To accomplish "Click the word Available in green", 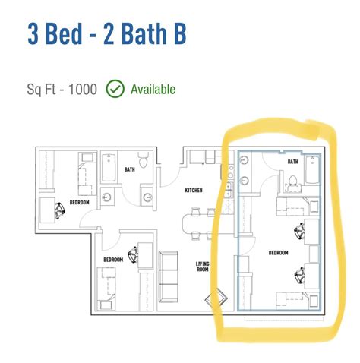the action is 153,90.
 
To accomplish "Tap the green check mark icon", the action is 115,89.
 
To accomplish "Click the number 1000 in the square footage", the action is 83,90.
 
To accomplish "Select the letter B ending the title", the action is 179,33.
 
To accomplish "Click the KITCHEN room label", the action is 194,190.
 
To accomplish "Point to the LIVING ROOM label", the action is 203,267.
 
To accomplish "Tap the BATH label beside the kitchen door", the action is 130,169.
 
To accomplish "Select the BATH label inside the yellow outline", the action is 293,162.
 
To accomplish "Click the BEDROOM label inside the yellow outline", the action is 279,253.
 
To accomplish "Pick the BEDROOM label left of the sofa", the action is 113,260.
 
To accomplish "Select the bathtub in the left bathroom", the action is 109,167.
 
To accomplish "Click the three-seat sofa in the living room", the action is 168,276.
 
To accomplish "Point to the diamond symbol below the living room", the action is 216,299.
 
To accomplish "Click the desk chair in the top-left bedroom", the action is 60,210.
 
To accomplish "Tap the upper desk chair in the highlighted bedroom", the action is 299,231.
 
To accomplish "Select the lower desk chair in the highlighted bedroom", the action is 300,276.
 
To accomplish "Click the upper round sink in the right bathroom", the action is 245,160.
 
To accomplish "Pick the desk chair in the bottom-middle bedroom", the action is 133,254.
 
